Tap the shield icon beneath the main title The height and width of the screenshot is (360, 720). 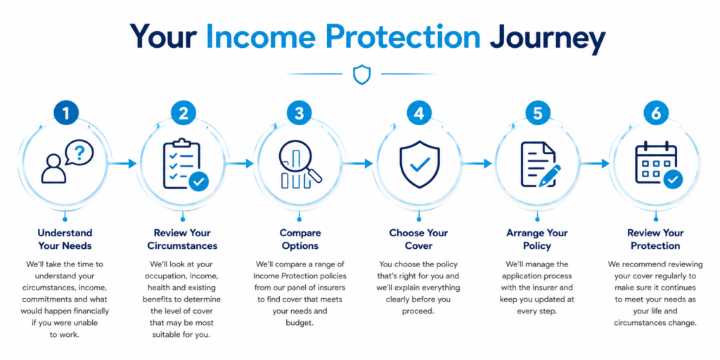361,74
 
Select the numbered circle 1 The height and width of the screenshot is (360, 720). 65,113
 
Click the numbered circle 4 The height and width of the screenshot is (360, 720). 419,113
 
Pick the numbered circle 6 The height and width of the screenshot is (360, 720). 656,113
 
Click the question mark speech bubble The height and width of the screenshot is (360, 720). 79,153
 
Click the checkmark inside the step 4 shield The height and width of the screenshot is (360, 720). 419,163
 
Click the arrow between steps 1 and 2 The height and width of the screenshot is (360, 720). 122,163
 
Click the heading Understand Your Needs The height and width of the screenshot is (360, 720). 65,239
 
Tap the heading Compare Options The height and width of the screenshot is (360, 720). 300,239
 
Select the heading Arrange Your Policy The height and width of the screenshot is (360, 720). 536,239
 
